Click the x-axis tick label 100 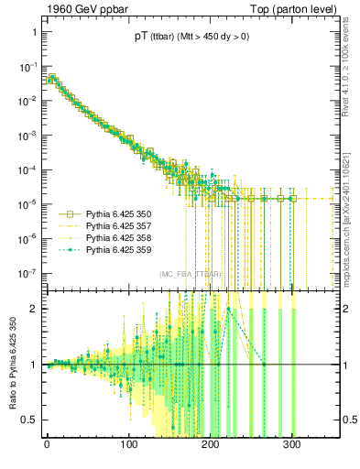(x=129, y=451)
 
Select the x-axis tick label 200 (x=211, y=451)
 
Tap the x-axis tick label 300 (x=292, y=451)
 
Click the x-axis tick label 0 (x=47, y=451)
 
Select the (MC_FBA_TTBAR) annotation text (x=190, y=275)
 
